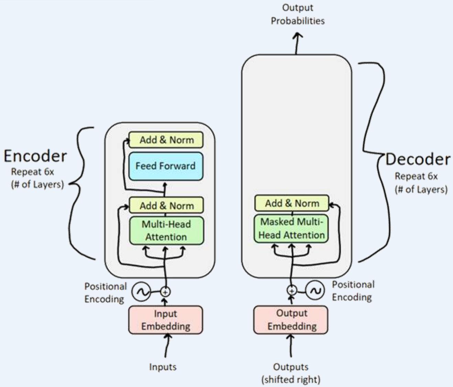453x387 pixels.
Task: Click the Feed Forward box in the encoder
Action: coord(166,166)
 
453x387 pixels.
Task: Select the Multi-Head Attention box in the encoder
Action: coord(166,230)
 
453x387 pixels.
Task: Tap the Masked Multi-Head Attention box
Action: coord(291,228)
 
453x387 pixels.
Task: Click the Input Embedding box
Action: coord(165,320)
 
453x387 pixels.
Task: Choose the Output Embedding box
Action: coord(291,320)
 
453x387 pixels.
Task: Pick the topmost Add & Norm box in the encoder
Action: coord(166,140)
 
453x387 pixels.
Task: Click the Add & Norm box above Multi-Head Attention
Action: coord(166,206)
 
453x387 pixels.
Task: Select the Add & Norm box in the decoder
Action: coord(292,203)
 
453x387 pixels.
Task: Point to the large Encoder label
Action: coord(35,156)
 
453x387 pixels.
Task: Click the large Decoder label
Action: coord(418,159)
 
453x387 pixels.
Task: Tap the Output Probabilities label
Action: coord(298,14)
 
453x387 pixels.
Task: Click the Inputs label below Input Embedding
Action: coord(163,367)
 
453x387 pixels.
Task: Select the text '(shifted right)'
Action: coord(291,380)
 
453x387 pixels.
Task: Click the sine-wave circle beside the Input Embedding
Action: coord(141,292)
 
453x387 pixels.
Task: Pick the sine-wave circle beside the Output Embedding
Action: coord(315,291)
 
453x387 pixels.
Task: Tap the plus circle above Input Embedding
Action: coord(165,292)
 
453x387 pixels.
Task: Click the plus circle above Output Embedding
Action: coord(292,291)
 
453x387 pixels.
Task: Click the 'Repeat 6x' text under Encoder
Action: coord(32,172)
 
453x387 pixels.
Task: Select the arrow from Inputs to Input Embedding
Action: coord(167,346)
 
